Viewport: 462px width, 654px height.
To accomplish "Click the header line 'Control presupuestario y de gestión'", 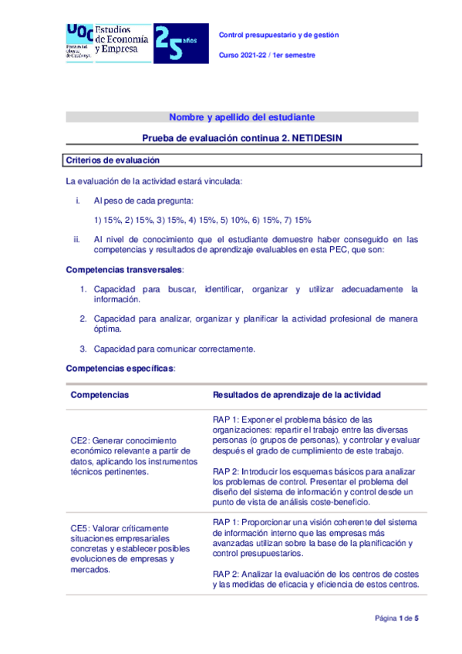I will [x=279, y=35].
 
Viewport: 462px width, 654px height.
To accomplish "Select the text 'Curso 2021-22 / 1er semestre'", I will [x=268, y=56].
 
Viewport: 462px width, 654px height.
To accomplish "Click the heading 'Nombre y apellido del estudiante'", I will [x=241, y=117].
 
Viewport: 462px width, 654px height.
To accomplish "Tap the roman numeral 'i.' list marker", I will [x=76, y=201].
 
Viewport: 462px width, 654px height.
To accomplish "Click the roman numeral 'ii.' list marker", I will [x=76, y=239].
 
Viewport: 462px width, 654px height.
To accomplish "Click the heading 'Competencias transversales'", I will [x=124, y=270].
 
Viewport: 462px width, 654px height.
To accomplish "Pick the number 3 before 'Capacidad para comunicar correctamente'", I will [x=83, y=349].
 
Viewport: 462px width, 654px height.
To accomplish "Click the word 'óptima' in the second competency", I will [x=107, y=329].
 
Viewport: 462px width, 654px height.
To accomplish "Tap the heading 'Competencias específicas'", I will [x=120, y=369].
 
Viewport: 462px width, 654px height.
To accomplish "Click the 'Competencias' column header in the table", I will [x=99, y=395].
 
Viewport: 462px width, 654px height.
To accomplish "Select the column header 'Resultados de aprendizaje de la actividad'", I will [x=296, y=395].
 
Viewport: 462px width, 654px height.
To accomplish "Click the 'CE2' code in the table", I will [x=81, y=440].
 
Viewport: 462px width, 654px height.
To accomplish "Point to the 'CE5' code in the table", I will [x=81, y=528].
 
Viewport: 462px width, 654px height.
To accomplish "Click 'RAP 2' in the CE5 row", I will [x=225, y=573].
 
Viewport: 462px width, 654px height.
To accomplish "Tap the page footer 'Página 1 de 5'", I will [x=396, y=619].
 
